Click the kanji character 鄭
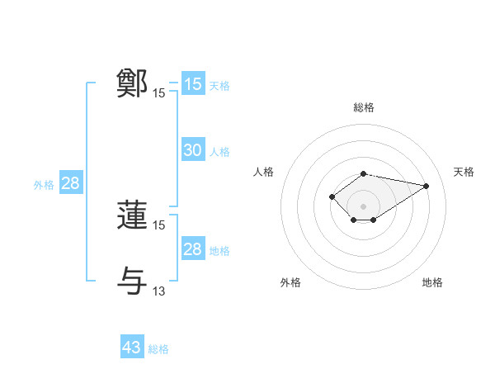point(133,83)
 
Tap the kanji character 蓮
point(133,215)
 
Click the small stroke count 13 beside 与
point(159,290)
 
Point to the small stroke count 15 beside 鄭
point(159,93)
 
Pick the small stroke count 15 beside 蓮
point(159,225)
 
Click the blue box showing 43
point(132,348)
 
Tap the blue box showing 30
point(192,150)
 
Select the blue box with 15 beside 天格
point(192,84)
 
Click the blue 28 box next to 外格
point(70,183)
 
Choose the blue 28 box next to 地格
point(192,249)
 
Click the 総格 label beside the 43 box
point(158,349)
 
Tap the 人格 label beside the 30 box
point(219,152)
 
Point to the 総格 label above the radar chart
point(364,107)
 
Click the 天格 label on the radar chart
point(464,172)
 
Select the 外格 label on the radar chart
point(290,282)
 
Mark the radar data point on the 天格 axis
point(427,186)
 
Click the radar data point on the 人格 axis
point(332,196)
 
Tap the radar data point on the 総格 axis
point(364,173)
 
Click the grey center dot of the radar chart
point(364,206)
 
